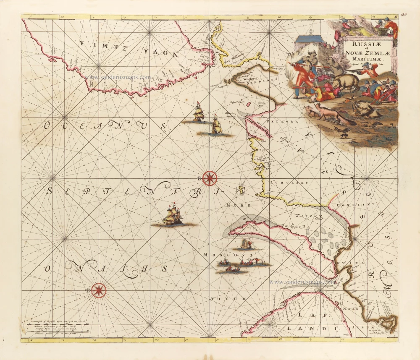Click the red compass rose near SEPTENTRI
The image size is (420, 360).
pos(209,178)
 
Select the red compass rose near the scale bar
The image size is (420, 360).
pos(99,290)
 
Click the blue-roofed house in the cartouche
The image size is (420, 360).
pos(311,44)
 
